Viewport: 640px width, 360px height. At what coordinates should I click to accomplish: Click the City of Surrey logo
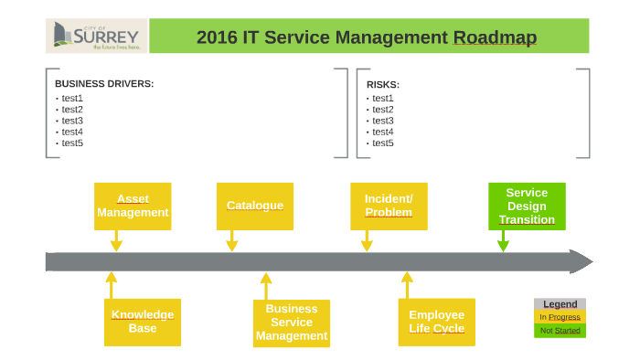coord(96,37)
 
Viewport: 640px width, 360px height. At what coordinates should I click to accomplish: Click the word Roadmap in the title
coord(495,37)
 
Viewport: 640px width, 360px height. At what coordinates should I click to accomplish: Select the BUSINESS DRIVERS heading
coord(104,84)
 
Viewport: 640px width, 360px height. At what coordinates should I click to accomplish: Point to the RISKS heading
coord(383,85)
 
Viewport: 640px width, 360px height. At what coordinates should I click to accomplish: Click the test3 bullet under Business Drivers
coord(72,121)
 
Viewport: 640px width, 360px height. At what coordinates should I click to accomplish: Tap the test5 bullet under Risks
coord(383,143)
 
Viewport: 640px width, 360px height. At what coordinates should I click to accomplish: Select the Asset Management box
coord(133,206)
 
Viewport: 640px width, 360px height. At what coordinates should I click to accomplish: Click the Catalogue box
coord(254,206)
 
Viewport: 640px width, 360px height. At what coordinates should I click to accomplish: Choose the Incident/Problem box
coord(389,206)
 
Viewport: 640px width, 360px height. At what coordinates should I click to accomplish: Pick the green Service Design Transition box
coord(527,206)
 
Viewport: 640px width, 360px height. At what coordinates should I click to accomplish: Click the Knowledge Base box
coord(142,322)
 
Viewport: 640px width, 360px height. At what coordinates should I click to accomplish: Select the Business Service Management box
coord(291,323)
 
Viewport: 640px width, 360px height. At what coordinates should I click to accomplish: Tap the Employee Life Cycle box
coord(436,322)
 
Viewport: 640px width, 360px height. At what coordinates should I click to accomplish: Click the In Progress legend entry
coord(560,317)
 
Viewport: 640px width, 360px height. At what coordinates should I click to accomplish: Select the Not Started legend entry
coord(560,331)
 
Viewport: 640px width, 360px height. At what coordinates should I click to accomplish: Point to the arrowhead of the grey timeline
coord(580,262)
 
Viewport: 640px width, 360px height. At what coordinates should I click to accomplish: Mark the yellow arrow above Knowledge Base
coord(112,284)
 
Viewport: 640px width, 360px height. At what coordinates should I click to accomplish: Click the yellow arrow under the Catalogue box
coord(231,241)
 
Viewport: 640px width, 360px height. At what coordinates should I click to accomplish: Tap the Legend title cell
coord(560,304)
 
